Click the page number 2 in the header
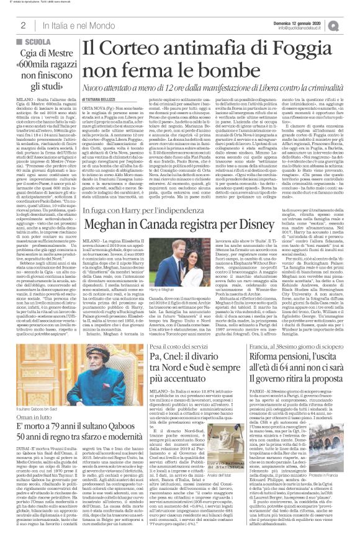coord(22,25)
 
